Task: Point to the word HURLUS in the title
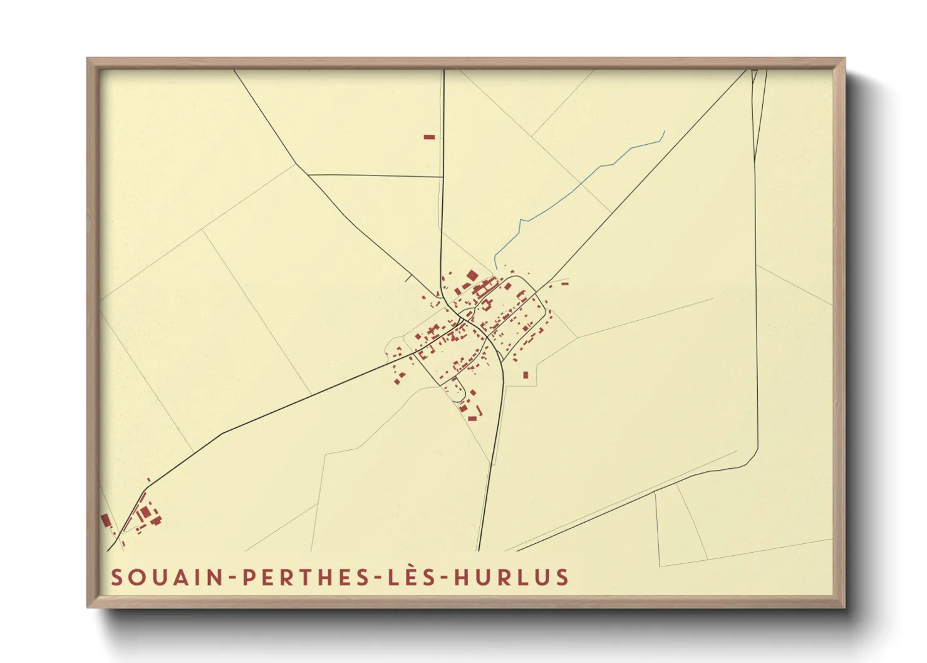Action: coord(512,577)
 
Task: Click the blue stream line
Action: coord(576,185)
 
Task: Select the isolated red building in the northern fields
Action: coord(429,137)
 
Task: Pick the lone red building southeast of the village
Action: coord(526,375)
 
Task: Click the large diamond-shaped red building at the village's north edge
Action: coord(472,275)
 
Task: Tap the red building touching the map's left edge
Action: coord(106,520)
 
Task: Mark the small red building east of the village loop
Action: coord(564,284)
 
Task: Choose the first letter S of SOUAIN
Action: coord(116,577)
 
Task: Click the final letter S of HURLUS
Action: coord(562,577)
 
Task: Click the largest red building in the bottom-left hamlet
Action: coord(145,513)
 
